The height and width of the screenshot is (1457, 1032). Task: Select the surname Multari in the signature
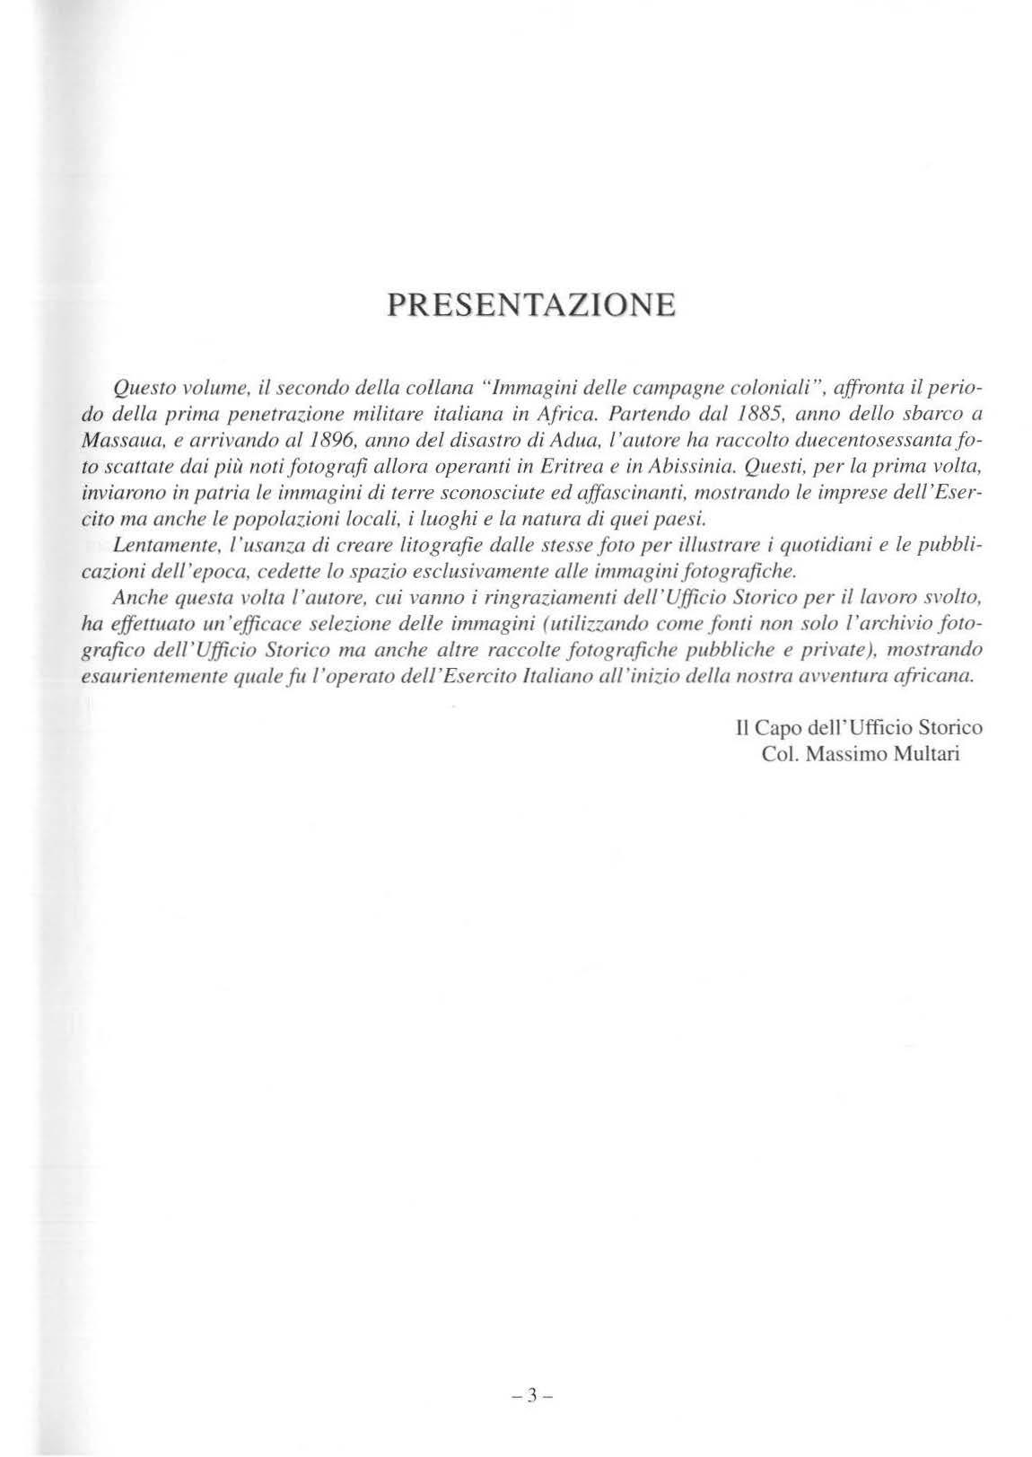[917, 753]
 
